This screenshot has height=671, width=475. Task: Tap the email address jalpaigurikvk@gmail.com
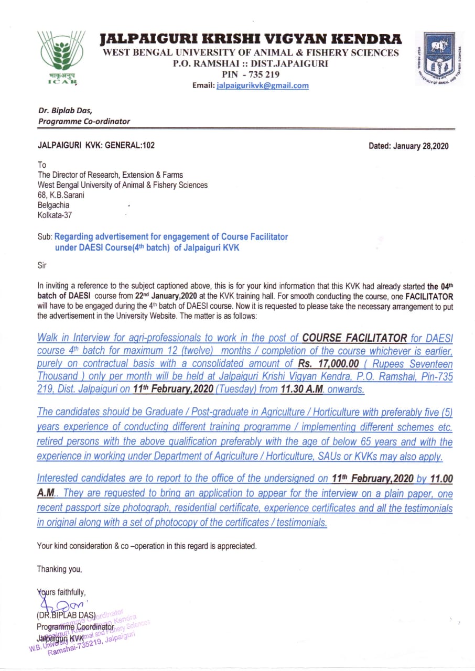262,85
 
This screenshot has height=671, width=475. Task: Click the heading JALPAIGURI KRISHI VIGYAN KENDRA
251,39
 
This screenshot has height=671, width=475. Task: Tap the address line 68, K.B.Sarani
61,195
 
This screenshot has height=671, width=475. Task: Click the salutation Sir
42,265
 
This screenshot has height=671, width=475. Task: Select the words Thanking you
59,569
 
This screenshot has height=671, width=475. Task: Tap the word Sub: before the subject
44,236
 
